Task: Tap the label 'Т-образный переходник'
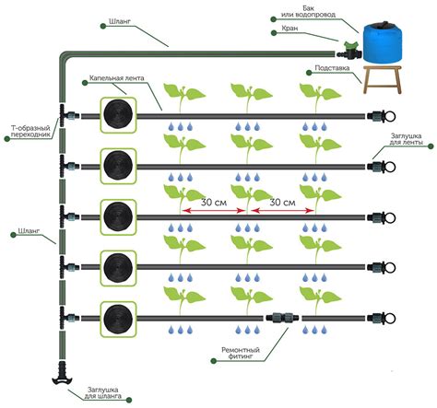click(26, 133)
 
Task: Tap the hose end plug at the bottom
click(60, 372)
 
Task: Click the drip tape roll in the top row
click(118, 117)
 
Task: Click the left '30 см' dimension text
click(213, 201)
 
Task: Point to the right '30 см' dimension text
click(283, 201)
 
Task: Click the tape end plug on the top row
click(379, 117)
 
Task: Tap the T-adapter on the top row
click(66, 117)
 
